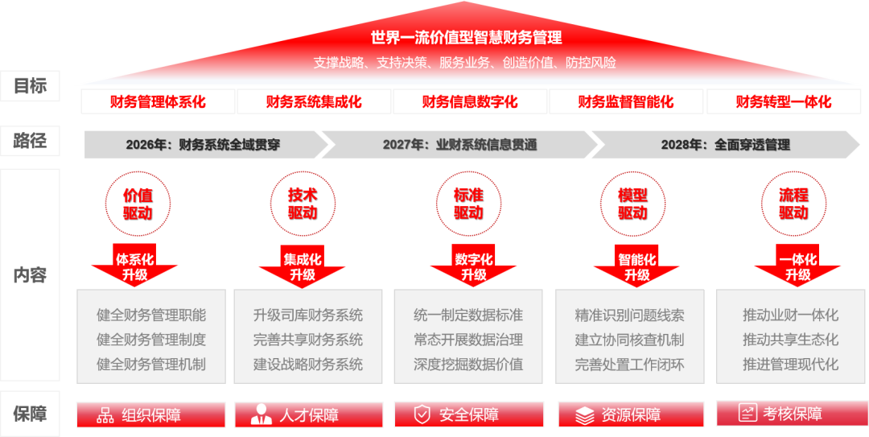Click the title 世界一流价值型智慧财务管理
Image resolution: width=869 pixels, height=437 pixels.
(466, 38)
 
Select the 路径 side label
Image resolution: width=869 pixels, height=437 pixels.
(30, 142)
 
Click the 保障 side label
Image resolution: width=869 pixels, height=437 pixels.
(30, 414)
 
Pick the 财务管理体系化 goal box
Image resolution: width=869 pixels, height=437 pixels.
(158, 102)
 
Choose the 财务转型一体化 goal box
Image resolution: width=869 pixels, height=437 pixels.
(783, 102)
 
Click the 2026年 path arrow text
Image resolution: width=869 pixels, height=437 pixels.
(202, 145)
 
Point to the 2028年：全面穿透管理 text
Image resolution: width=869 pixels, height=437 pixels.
(725, 145)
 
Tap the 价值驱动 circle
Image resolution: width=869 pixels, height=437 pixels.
(137, 204)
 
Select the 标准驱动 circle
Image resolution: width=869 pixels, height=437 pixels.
(467, 204)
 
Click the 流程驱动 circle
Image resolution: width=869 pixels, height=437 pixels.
(793, 204)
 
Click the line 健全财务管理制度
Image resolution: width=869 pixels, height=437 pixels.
(151, 340)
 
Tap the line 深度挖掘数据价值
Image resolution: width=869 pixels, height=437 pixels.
(468, 364)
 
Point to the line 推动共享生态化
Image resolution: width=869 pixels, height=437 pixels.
(790, 340)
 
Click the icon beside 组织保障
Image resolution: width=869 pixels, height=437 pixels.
(105, 415)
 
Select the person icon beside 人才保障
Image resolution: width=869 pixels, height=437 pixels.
(262, 415)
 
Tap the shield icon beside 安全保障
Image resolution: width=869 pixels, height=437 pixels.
(422, 414)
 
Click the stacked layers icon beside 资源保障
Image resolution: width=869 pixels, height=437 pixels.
(585, 415)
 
